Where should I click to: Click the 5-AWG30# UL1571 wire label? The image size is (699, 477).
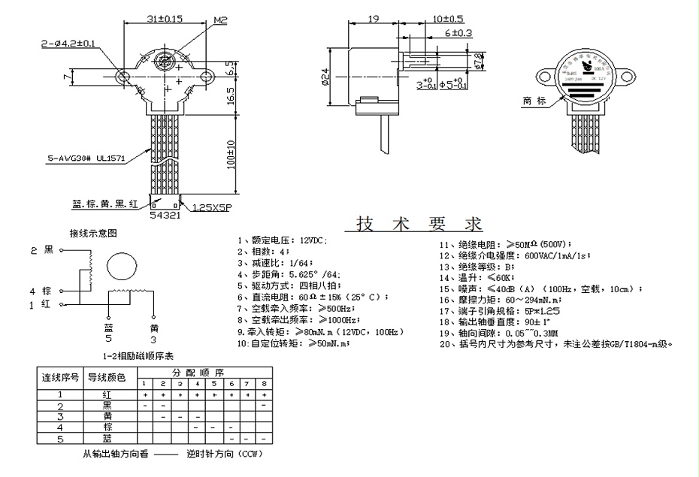click(x=86, y=158)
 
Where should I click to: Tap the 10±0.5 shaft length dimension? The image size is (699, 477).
click(x=448, y=18)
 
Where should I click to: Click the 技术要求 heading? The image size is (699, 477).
click(x=419, y=224)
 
